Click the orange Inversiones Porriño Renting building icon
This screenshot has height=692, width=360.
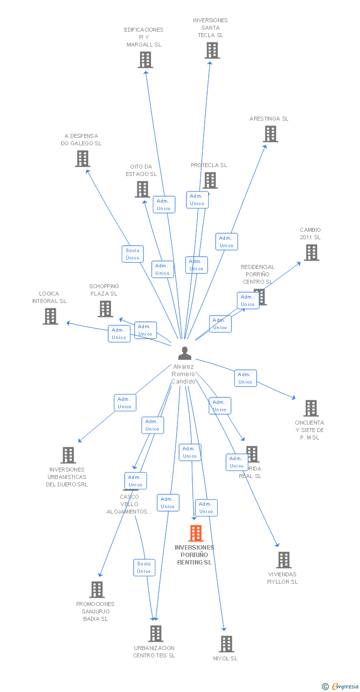point(196,533)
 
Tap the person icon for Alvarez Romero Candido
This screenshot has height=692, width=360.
point(184,353)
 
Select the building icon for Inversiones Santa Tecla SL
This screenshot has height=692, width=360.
point(212,50)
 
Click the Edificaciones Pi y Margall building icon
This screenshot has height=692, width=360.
point(145,60)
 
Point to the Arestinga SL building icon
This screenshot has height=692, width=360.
point(270,134)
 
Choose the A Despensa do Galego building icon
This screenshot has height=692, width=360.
point(82,159)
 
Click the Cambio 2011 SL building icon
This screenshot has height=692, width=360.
point(311,253)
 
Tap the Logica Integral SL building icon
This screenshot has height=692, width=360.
point(50,316)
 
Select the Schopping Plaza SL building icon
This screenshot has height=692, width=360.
point(105,309)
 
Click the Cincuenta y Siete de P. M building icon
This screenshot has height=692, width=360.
point(311,408)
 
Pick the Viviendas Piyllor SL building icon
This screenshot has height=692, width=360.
point(283,560)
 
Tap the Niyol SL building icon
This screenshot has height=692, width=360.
point(226,644)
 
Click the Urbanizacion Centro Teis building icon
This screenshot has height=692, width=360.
point(155,634)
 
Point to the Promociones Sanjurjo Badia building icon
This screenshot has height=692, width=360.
point(97,590)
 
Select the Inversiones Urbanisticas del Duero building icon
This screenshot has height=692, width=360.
point(68,455)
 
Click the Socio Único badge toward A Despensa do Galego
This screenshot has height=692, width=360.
point(133,254)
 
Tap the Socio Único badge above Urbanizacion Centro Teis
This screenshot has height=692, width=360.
point(144,567)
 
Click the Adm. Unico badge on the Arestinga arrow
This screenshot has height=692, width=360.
point(226,242)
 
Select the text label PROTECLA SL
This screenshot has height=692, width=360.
point(209,165)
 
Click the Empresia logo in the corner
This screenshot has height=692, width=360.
point(341,686)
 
